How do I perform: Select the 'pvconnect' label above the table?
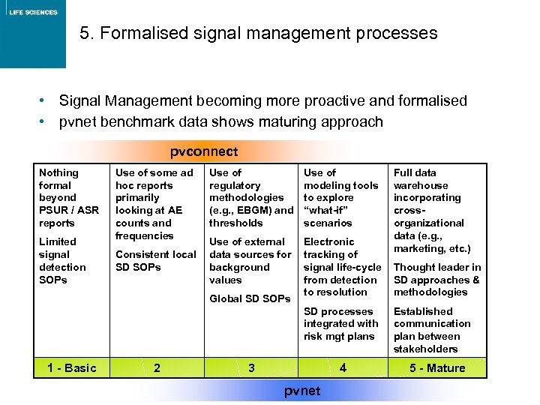[203, 151]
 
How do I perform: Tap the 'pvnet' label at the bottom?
[302, 391]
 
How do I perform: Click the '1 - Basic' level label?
[71, 367]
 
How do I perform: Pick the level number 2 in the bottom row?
[156, 367]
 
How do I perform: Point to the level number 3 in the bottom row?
[251, 367]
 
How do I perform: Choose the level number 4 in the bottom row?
[343, 367]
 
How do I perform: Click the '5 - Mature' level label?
[437, 367]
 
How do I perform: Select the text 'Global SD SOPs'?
[250, 298]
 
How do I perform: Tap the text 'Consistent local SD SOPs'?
[155, 261]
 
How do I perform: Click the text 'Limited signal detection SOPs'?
[62, 260]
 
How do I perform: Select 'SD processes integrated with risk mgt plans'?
[340, 324]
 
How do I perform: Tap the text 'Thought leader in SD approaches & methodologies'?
[437, 280]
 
